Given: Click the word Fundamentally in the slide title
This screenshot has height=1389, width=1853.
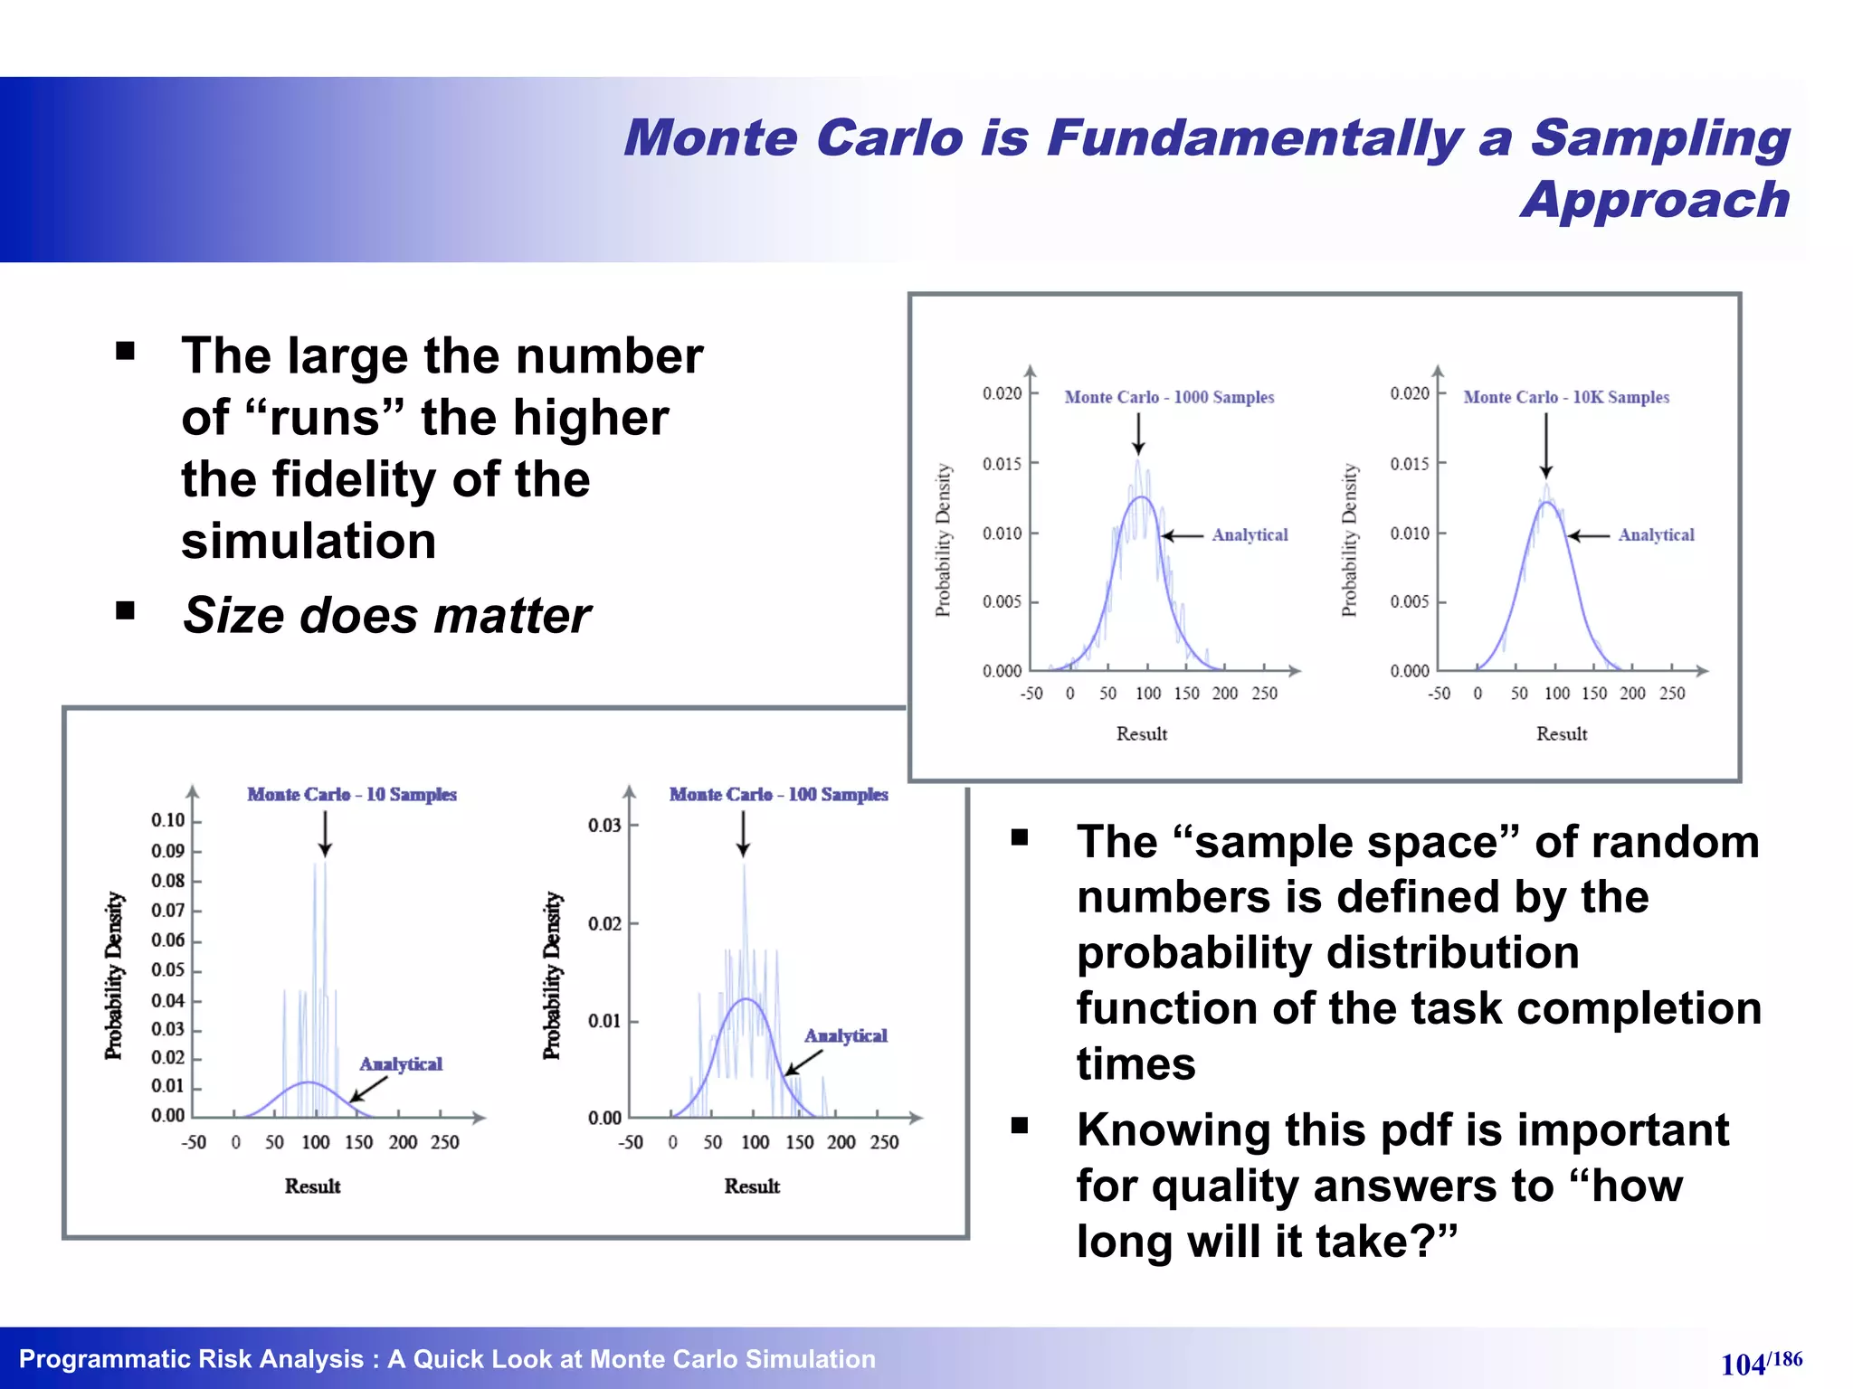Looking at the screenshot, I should pyautogui.click(x=1253, y=138).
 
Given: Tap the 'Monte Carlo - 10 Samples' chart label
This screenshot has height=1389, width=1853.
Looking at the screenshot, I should pyautogui.click(x=352, y=794).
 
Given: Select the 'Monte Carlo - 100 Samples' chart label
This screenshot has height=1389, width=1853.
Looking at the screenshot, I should pyautogui.click(x=778, y=794).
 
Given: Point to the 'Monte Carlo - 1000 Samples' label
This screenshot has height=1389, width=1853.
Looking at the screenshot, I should pyautogui.click(x=1169, y=397).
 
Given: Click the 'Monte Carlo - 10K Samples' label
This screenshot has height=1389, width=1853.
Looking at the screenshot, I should pyautogui.click(x=1566, y=397).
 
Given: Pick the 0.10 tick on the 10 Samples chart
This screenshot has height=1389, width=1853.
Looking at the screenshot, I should pyautogui.click(x=168, y=820).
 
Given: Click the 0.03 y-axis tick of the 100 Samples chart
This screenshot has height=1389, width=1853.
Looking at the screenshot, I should pyautogui.click(x=604, y=825).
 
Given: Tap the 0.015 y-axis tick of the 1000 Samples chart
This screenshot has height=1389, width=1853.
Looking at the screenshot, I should pyautogui.click(x=1002, y=464).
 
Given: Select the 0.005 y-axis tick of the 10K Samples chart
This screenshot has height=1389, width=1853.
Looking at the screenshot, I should pyautogui.click(x=1410, y=602).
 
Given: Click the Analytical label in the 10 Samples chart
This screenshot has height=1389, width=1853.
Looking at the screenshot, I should pyautogui.click(x=401, y=1063).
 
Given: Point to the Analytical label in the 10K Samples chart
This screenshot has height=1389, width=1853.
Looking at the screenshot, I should pyautogui.click(x=1656, y=534).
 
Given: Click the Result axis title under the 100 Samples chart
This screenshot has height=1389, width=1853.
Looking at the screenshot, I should pyautogui.click(x=751, y=1186).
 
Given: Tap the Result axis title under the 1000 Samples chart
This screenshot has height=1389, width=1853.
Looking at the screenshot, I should pyautogui.click(x=1141, y=733).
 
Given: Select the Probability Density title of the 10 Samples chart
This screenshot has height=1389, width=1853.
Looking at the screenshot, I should pyautogui.click(x=113, y=975).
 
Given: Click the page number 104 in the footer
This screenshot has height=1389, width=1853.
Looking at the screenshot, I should pyautogui.click(x=1743, y=1364).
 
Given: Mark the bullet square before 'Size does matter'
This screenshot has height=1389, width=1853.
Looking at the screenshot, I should pyautogui.click(x=125, y=611).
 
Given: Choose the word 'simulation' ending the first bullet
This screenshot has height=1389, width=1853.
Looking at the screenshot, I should pyautogui.click(x=309, y=541).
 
